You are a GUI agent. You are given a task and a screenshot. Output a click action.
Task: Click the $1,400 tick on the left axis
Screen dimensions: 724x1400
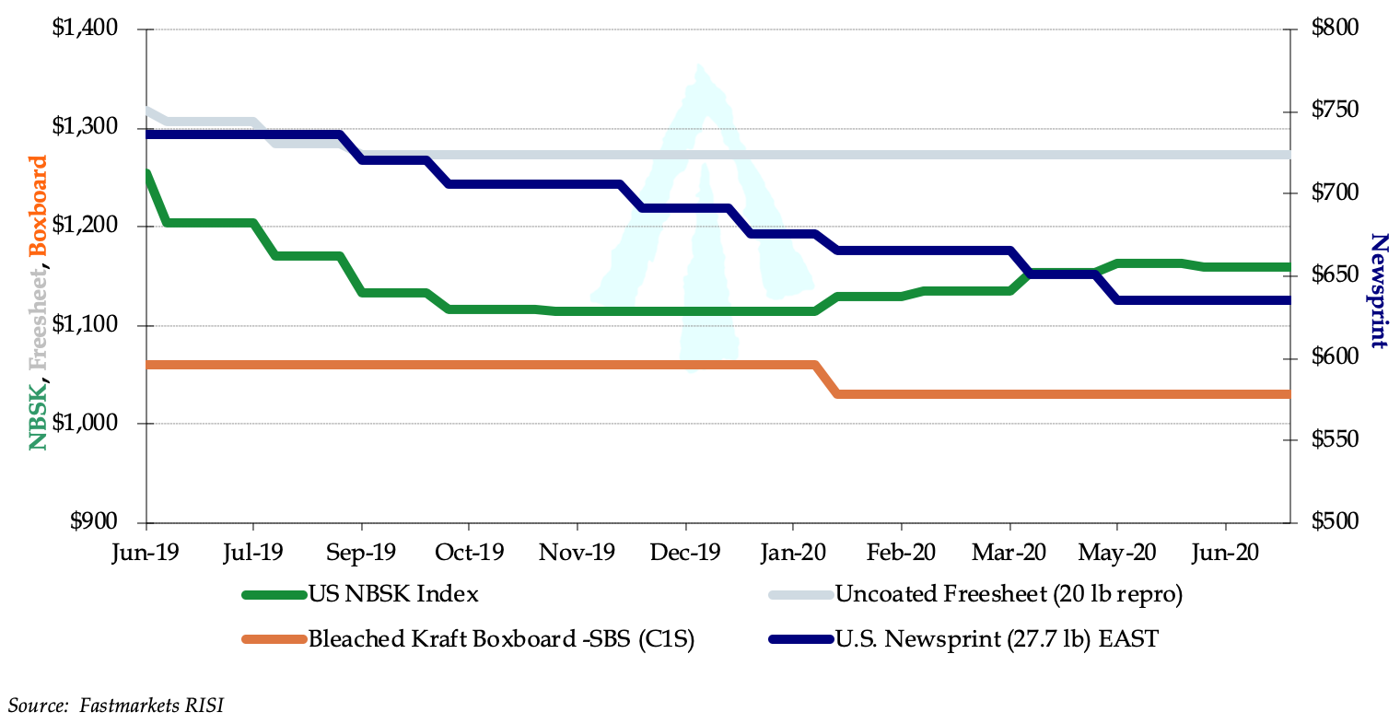85,29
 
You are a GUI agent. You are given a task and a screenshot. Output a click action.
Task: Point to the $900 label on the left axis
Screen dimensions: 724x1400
92,521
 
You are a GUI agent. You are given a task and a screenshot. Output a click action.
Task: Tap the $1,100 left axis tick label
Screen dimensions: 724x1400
85,325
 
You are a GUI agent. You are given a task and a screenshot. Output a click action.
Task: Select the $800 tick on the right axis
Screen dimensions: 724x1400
1335,29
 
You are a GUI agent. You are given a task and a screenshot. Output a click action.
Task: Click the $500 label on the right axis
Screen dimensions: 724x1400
1335,521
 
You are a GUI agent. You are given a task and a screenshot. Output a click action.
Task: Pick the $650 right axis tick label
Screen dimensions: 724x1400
1335,275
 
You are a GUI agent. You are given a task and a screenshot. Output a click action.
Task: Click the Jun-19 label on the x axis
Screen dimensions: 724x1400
146,553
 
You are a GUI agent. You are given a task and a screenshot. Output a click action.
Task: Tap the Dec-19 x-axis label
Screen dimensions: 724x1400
684,553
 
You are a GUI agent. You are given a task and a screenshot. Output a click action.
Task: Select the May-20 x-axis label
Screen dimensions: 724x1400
1116,553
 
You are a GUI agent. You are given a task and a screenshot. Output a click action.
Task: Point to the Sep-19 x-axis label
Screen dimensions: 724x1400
361,553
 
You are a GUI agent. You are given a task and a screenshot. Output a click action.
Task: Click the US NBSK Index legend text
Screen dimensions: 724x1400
393,594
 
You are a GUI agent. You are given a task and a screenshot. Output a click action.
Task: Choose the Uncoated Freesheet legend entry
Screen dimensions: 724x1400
1009,594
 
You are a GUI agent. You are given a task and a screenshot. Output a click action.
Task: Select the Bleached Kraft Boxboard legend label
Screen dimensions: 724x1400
501,639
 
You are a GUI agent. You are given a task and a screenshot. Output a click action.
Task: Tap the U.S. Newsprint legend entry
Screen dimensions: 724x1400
997,639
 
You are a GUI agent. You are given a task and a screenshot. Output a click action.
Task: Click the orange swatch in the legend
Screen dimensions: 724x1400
274,639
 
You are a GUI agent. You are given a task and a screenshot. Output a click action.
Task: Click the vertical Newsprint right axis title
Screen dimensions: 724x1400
1378,291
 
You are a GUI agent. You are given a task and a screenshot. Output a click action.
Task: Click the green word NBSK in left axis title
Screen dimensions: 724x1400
38,419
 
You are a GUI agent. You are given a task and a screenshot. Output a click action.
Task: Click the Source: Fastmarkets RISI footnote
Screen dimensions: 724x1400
116,706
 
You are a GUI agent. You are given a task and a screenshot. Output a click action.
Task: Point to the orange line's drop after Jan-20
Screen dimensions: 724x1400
826,380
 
